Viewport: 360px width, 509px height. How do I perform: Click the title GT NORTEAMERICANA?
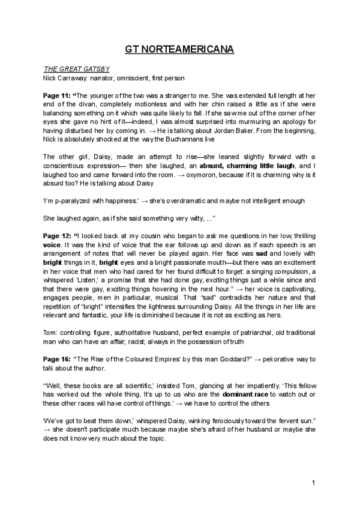[179, 49]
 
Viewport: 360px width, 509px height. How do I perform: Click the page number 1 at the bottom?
[313, 483]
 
